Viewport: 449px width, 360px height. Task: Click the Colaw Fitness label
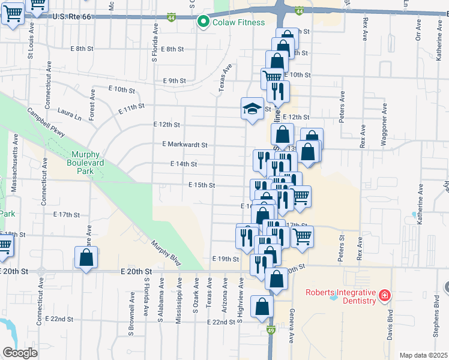[239, 23]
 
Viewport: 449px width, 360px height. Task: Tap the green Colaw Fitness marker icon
[205, 23]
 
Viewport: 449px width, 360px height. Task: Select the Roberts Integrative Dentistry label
[340, 297]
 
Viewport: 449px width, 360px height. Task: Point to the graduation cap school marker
[253, 109]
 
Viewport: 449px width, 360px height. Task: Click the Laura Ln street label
[69, 111]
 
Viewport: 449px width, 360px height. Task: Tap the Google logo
[20, 353]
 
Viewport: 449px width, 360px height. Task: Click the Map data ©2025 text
[423, 355]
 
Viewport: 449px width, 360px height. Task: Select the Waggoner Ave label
[384, 130]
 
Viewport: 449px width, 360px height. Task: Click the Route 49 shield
[271, 330]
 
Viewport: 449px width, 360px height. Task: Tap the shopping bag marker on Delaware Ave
[86, 258]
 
